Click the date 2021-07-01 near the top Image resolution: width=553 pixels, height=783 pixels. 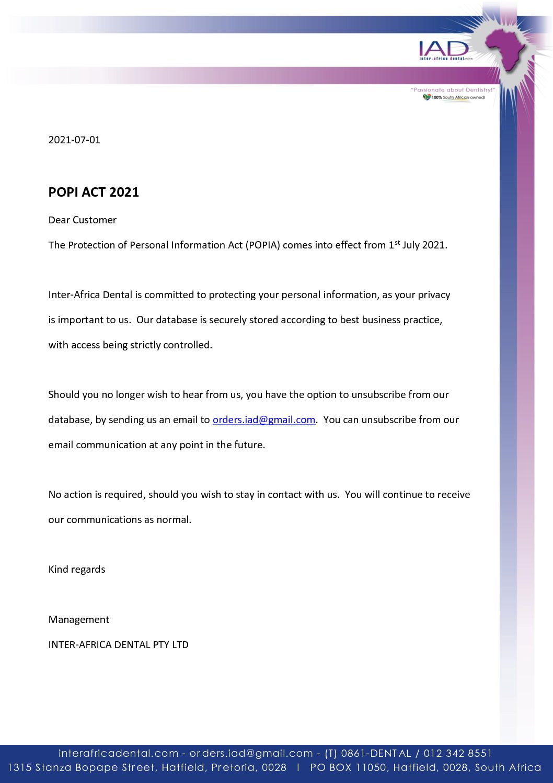click(x=74, y=140)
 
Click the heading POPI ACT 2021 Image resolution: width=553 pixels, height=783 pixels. click(x=94, y=192)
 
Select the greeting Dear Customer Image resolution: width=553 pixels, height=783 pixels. click(x=82, y=220)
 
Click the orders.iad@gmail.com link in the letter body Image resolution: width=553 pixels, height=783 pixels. click(x=263, y=419)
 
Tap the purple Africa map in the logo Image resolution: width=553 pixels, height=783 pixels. click(x=505, y=49)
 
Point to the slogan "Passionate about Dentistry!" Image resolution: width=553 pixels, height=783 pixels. click(x=453, y=90)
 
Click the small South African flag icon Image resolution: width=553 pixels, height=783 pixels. click(x=427, y=97)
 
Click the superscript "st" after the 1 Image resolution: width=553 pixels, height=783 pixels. click(x=397, y=242)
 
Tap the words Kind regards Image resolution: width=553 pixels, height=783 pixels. click(x=76, y=569)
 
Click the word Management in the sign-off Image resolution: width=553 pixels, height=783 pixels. click(x=78, y=619)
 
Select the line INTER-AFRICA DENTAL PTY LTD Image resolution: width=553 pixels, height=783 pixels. click(x=118, y=644)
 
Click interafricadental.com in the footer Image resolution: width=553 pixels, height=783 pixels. click(x=118, y=753)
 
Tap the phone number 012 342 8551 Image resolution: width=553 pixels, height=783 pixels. click(x=457, y=753)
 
